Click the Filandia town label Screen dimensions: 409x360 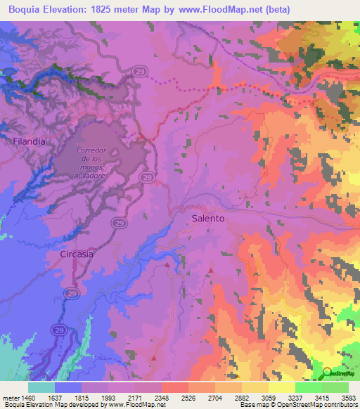[29, 141]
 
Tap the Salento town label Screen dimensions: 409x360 [208, 219]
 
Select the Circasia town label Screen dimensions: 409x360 [77, 254]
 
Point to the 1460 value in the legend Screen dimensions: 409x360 [28, 398]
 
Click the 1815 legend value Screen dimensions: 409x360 [81, 398]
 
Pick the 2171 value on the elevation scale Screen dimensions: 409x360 [134, 398]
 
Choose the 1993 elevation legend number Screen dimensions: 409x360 [108, 398]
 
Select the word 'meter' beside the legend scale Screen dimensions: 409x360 [11, 398]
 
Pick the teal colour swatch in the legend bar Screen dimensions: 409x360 [41, 387]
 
